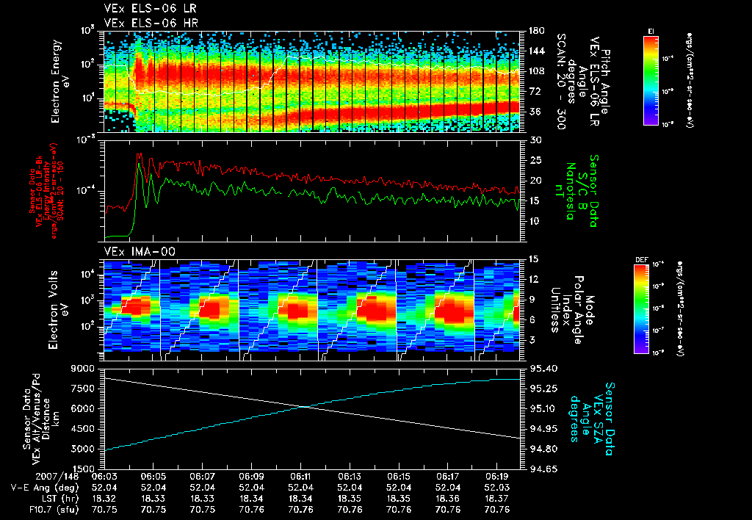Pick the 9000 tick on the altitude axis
point(82,368)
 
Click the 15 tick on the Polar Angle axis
point(532,259)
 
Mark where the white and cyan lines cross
point(303,407)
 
